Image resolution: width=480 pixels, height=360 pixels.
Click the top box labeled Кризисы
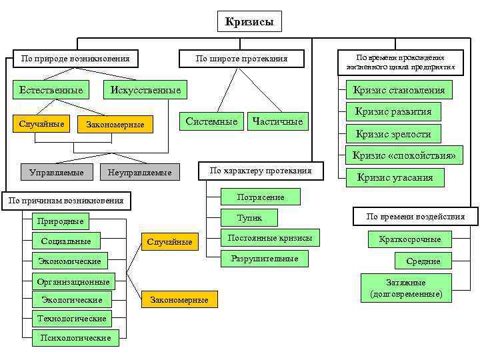tap(249, 21)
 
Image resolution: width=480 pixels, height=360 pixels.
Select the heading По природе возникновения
tap(75, 59)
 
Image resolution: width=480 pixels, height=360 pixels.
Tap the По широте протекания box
tap(241, 59)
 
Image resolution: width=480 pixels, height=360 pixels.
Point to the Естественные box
tap(51, 90)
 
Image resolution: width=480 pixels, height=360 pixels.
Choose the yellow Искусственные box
tap(145, 90)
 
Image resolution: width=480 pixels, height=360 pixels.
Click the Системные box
tap(211, 121)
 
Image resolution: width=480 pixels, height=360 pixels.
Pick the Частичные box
tap(277, 121)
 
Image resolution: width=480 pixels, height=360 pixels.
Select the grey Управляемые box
tap(57, 173)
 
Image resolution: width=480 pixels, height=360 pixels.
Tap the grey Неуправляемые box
tap(139, 173)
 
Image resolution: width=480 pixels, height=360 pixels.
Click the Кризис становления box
tap(399, 90)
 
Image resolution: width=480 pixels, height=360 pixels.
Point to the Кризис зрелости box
tap(393, 133)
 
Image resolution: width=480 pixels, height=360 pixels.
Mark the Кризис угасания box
tap(395, 177)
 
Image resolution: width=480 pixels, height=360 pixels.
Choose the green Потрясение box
tap(260, 197)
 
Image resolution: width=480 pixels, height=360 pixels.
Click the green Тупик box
tap(250, 217)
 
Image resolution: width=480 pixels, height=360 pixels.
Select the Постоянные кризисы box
tap(265, 238)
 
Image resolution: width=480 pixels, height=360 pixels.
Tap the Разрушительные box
tap(265, 259)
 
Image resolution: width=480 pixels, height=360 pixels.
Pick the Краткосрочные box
tap(410, 239)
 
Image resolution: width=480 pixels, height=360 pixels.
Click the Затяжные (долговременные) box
tap(405, 288)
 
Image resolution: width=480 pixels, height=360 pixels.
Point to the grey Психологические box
tap(74, 338)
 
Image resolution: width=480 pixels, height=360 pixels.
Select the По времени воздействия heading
tap(415, 217)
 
